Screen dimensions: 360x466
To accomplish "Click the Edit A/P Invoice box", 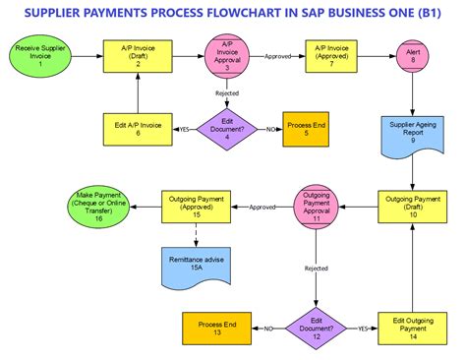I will tap(138, 128).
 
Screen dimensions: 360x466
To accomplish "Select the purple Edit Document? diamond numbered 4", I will tap(226, 128).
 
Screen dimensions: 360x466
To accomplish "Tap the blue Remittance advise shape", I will tap(197, 262).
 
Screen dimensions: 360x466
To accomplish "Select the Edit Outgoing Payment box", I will tap(413, 329).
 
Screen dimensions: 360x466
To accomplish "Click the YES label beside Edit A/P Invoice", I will tap(184, 128).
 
